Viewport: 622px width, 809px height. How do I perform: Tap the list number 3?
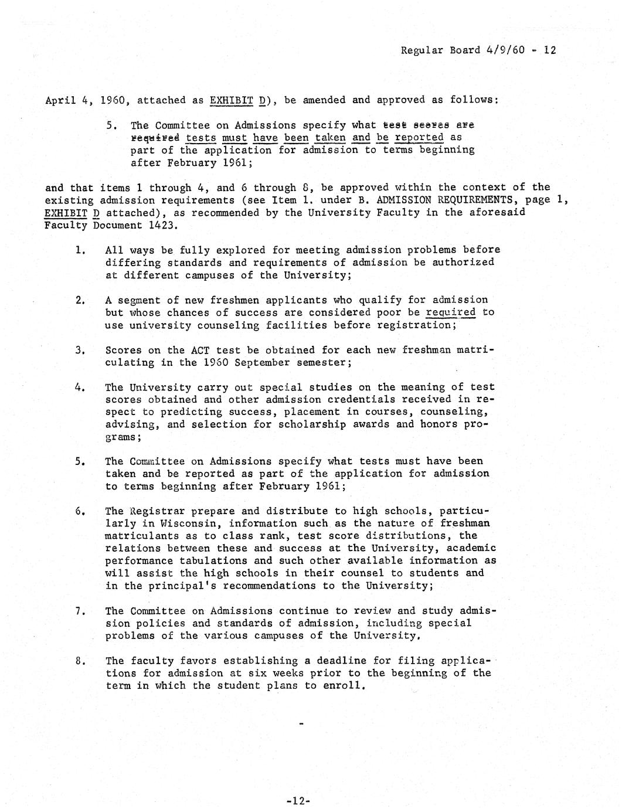(80, 351)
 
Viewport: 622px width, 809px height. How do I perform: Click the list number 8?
(80, 661)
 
